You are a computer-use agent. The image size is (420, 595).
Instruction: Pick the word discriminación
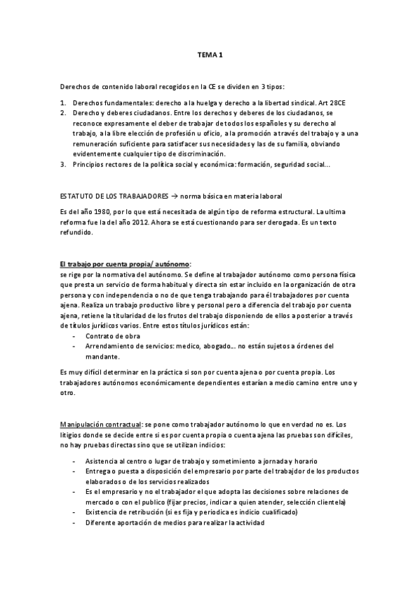pos(201,154)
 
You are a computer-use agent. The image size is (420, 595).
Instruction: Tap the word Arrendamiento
pos(109,346)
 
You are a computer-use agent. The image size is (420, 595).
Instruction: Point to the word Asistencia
pos(101,460)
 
